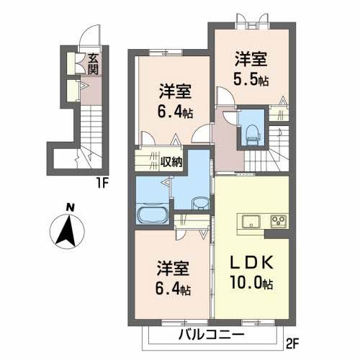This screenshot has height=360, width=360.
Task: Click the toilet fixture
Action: (x=252, y=130)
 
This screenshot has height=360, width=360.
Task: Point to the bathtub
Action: (x=153, y=214)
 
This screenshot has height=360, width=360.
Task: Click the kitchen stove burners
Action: (x=277, y=220)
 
